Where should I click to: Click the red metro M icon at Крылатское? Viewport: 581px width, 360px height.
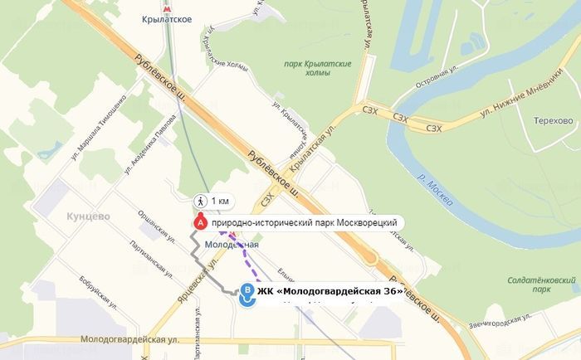[x=168, y=5]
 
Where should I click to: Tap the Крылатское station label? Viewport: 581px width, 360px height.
[x=168, y=19]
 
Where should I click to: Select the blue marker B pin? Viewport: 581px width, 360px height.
[x=247, y=292]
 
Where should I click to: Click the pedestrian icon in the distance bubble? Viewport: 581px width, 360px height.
[x=200, y=201]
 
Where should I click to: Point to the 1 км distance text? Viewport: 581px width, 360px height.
[x=220, y=201]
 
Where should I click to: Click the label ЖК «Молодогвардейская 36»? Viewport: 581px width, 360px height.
[x=331, y=291]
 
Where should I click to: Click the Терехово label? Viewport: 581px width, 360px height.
[x=554, y=120]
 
